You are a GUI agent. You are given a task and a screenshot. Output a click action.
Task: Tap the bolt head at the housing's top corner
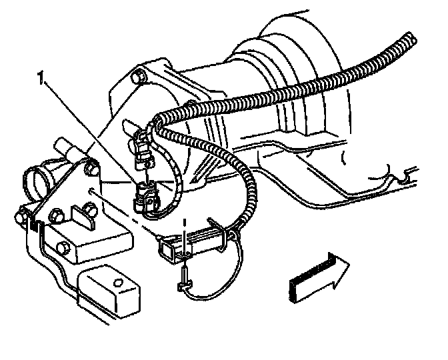(x=138, y=77)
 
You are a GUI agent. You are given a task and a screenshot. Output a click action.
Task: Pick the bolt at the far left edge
(x=23, y=215)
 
